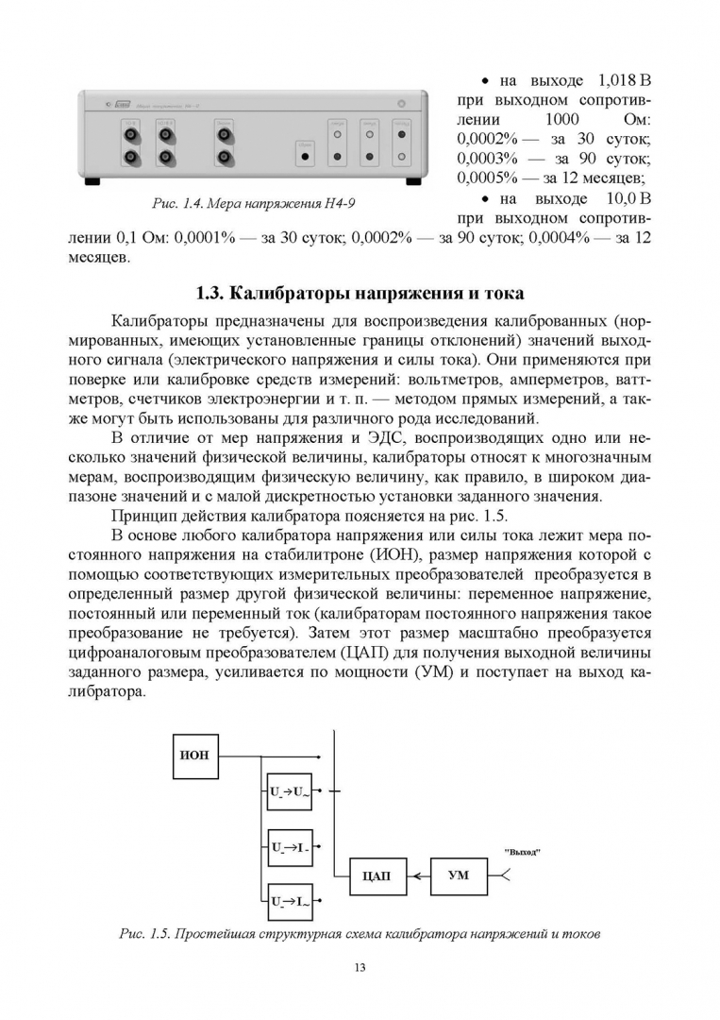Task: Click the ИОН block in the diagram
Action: point(194,755)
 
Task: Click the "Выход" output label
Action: point(523,851)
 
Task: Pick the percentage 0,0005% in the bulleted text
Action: point(485,177)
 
